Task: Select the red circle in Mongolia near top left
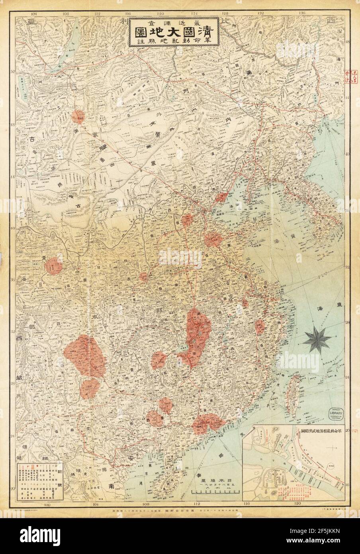[x=78, y=116]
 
